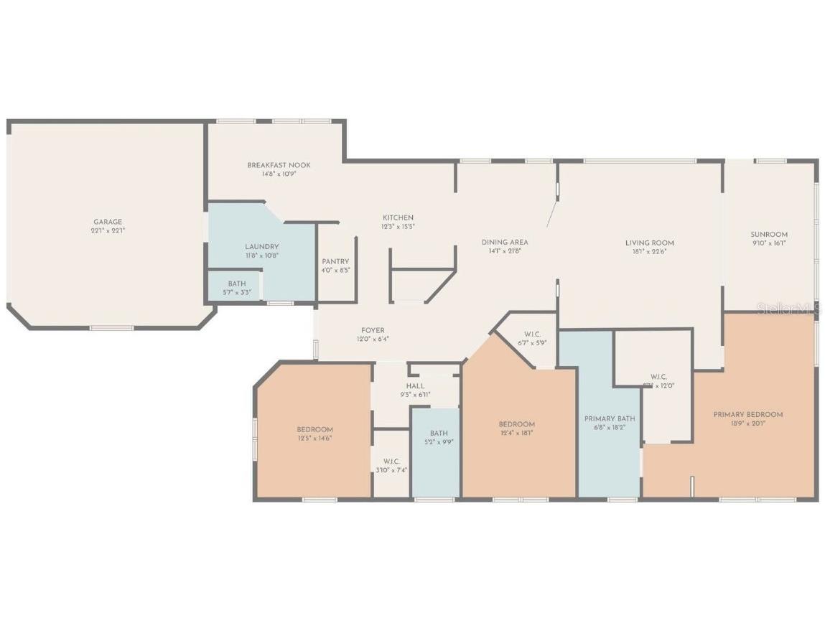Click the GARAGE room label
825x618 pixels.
coord(108,222)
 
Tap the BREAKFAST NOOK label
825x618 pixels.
coord(279,165)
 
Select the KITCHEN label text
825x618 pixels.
coord(397,217)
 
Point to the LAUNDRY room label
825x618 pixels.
coord(261,247)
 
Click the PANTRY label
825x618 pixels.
coord(335,261)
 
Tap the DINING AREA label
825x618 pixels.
coord(505,242)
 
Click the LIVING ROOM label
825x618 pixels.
coord(649,243)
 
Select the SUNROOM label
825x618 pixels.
coord(769,234)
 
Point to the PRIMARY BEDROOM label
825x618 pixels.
coord(747,414)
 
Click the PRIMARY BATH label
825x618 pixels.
coord(609,418)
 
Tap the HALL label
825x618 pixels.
coord(415,385)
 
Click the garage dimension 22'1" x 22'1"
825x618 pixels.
coord(108,231)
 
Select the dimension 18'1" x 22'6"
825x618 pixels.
coord(649,252)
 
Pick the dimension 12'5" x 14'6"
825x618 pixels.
coord(314,438)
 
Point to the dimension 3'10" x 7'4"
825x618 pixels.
coord(391,470)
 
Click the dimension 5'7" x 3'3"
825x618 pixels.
coord(236,293)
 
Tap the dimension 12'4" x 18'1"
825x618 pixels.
coord(516,433)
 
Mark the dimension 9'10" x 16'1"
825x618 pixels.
coord(769,243)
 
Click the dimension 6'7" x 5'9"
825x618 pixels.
coord(532,342)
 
